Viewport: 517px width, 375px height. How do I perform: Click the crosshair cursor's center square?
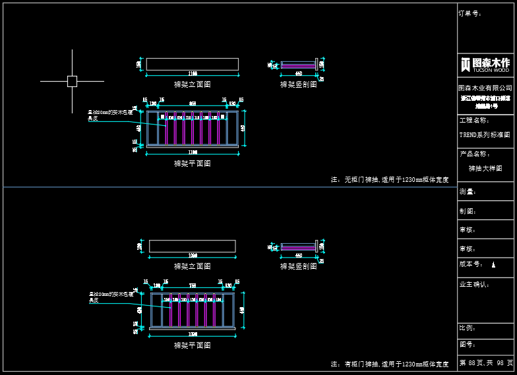[x=72, y=81]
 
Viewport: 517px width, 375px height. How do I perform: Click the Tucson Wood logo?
[x=485, y=64]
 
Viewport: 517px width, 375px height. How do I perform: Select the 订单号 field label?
[x=470, y=13]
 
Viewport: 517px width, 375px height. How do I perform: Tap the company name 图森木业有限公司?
[x=485, y=88]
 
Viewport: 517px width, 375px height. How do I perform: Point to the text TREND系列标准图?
[x=485, y=134]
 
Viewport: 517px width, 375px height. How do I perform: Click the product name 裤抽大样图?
[x=485, y=168]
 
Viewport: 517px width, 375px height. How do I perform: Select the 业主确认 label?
[x=474, y=284]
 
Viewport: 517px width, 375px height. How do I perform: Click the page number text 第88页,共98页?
[x=486, y=362]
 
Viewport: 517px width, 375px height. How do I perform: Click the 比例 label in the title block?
[x=468, y=327]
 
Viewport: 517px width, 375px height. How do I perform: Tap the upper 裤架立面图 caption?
[x=192, y=84]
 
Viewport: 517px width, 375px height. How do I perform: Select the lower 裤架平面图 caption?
[x=192, y=345]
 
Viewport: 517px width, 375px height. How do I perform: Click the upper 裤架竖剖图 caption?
[x=298, y=84]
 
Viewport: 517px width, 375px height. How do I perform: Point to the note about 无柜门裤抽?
[x=389, y=179]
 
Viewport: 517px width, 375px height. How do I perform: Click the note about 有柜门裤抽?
[x=389, y=364]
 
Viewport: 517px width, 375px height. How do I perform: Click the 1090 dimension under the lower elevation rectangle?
[x=193, y=255]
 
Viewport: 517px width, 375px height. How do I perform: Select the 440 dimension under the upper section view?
[x=298, y=74]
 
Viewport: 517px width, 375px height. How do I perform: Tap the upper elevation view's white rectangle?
[x=192, y=64]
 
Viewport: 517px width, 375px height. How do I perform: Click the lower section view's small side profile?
[x=299, y=246]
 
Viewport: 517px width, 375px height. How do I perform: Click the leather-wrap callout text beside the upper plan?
[x=111, y=115]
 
